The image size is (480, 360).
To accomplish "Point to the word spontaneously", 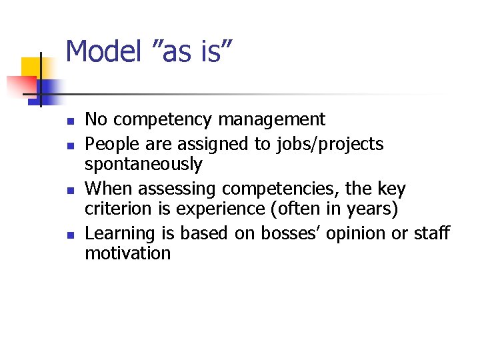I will [x=143, y=165].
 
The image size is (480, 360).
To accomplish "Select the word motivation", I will [x=127, y=254].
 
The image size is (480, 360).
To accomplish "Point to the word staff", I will [x=433, y=233].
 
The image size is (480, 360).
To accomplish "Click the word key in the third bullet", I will [x=391, y=188].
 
